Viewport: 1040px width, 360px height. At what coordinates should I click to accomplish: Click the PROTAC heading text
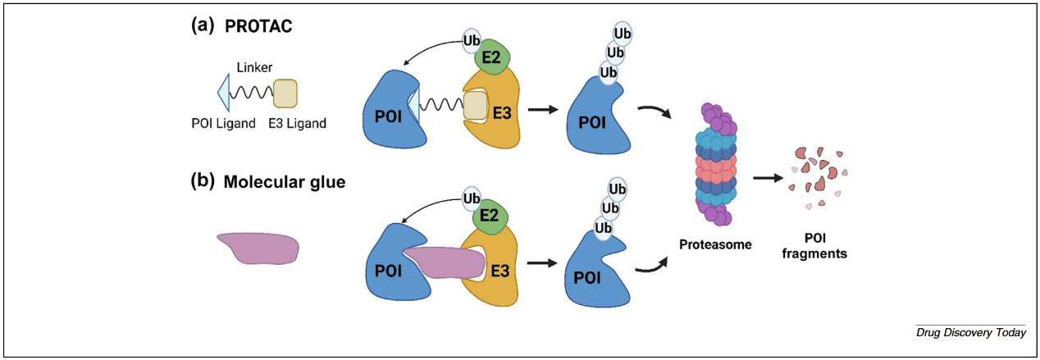[x=258, y=26]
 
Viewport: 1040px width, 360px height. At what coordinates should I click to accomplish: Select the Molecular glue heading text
[x=284, y=183]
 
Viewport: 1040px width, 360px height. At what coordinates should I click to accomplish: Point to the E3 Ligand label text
[x=299, y=124]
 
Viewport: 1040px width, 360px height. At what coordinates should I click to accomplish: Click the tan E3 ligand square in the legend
[x=285, y=93]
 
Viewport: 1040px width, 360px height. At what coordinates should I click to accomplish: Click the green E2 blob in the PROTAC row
[x=493, y=57]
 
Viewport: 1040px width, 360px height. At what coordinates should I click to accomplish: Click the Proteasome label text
[x=715, y=244]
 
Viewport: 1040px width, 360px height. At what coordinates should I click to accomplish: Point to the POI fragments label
[x=814, y=247]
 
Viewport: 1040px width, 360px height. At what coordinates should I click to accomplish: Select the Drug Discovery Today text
[x=971, y=332]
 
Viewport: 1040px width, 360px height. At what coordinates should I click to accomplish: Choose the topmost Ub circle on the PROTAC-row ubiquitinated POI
[x=622, y=34]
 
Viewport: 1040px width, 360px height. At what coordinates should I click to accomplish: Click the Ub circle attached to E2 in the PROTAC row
[x=472, y=39]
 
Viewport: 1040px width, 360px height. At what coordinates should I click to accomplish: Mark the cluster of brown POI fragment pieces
[x=817, y=174]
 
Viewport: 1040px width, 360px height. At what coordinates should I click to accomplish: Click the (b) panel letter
[x=203, y=182]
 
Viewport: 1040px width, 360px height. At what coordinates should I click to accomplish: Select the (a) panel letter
[x=203, y=25]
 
